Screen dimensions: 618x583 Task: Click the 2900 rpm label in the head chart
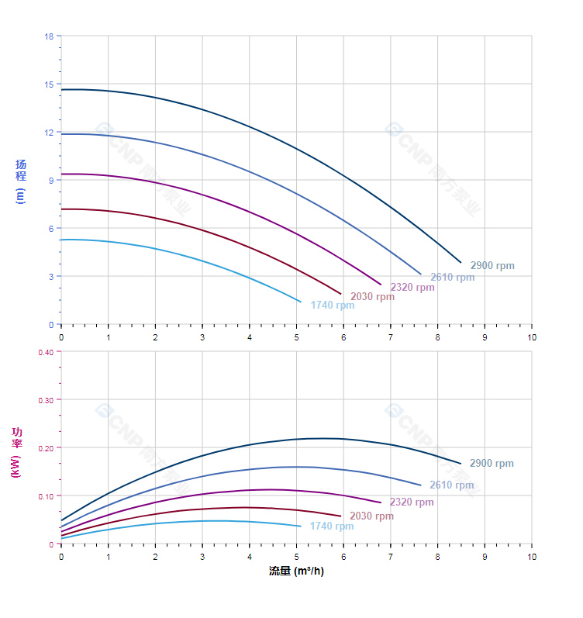[492, 266]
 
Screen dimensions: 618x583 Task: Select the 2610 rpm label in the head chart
[452, 278]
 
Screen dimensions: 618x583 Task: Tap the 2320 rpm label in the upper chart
[412, 288]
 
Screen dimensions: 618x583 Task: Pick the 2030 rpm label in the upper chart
[372, 297]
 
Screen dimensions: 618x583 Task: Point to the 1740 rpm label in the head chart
[332, 306]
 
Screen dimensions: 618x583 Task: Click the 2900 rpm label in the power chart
[492, 464]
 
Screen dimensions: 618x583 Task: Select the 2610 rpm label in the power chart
[451, 485]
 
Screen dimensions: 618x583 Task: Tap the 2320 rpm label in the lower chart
[412, 502]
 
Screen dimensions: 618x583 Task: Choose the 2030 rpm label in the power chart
[371, 516]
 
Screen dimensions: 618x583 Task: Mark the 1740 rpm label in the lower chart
[331, 527]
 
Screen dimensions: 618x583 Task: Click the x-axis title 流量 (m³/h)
[296, 571]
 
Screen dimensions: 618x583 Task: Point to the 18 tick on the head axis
[49, 36]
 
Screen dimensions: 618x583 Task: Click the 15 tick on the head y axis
[49, 85]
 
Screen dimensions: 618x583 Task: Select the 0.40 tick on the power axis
[46, 352]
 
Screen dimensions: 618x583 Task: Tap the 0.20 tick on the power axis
[46, 448]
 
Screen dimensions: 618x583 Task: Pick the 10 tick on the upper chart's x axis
[532, 337]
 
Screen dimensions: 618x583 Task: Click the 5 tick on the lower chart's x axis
[296, 557]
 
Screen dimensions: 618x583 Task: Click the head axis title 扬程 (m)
[21, 181]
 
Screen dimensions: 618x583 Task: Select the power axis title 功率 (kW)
[16, 452]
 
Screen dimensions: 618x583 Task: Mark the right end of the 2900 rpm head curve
[461, 263]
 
